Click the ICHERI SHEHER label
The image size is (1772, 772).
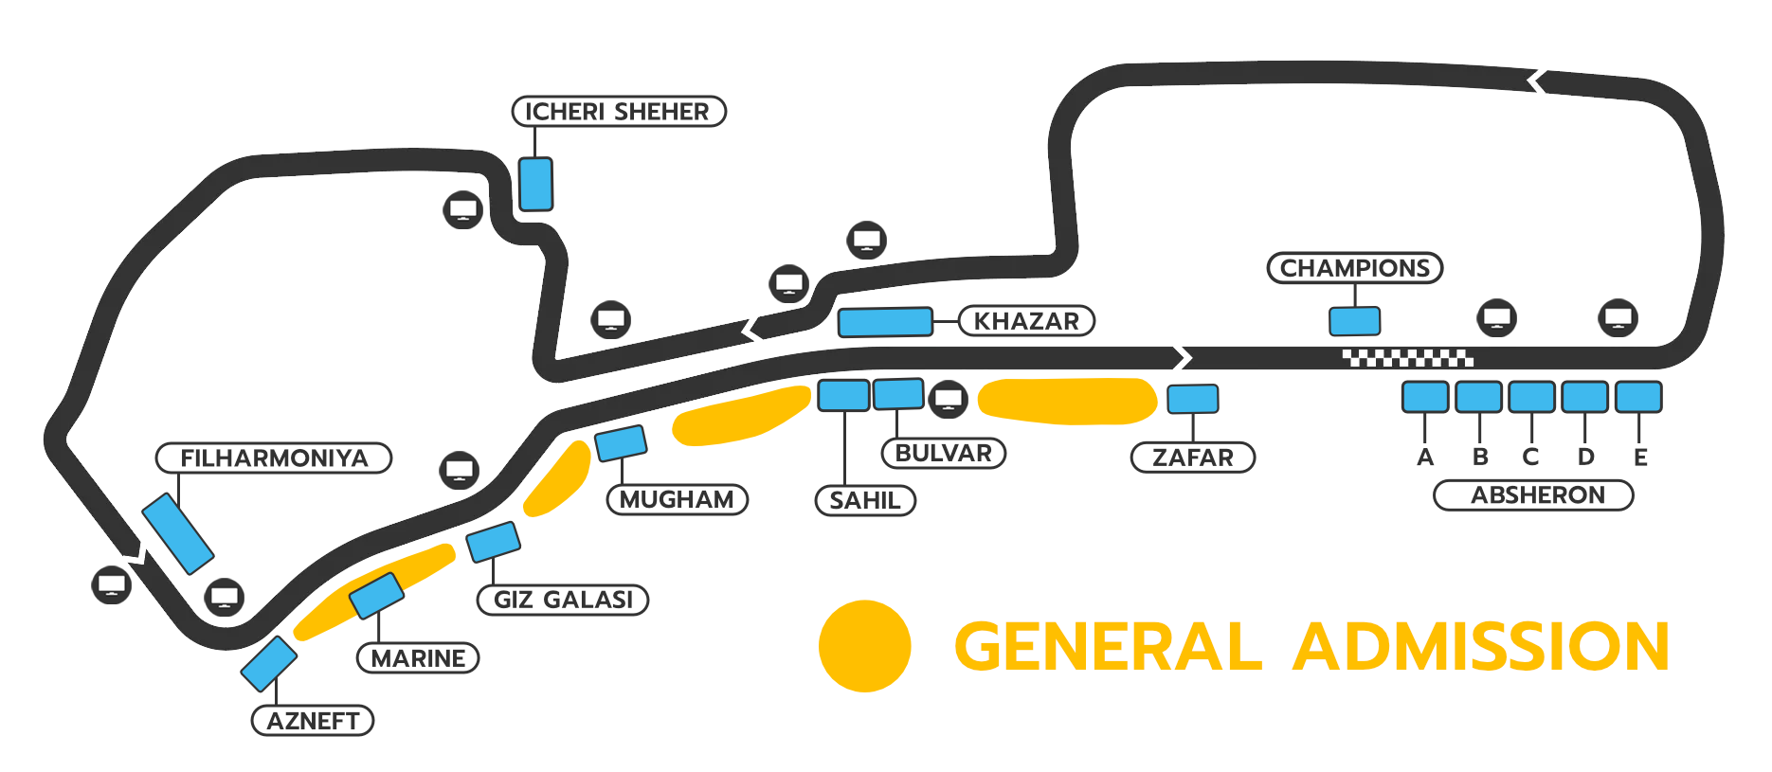tap(619, 112)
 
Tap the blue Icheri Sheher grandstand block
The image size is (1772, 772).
tap(535, 184)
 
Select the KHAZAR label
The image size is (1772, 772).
tap(1026, 321)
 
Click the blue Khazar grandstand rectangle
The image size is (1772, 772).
tap(885, 322)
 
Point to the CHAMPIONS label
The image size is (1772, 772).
tap(1355, 268)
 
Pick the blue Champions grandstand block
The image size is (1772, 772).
tap(1355, 321)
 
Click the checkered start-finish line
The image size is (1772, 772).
tap(1408, 358)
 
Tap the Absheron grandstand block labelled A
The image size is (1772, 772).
tap(1425, 397)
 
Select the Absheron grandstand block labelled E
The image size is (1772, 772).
tap(1638, 397)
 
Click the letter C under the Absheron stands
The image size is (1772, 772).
tap(1530, 457)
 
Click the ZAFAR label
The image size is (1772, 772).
tap(1193, 458)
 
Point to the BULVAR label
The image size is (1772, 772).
tap(944, 453)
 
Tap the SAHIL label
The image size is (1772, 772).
tap(865, 500)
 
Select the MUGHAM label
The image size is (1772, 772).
tap(678, 499)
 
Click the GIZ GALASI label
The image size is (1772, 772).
tap(563, 600)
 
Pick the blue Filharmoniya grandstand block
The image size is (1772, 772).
tap(178, 533)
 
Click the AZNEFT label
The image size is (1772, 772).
tap(313, 721)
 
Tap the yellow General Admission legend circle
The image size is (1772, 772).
tap(865, 646)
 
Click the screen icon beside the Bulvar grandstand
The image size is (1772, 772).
tap(949, 399)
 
